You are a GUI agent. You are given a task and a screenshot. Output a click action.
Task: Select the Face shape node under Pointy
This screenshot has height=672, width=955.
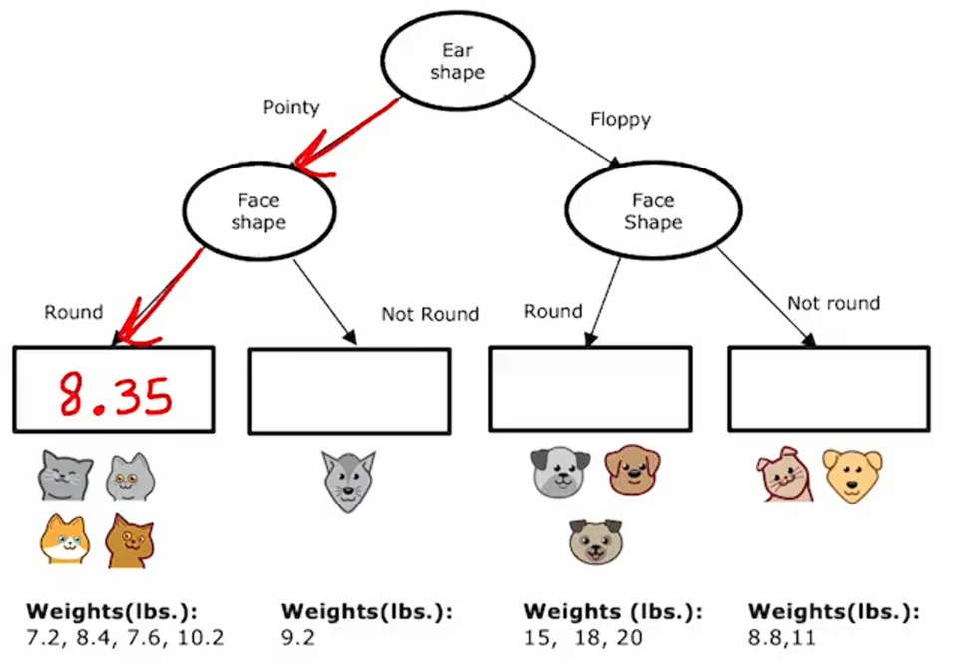point(258,211)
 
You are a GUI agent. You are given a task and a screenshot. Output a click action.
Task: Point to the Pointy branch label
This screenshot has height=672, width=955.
point(290,107)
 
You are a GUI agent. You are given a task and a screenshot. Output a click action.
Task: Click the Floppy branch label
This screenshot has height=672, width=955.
point(620,120)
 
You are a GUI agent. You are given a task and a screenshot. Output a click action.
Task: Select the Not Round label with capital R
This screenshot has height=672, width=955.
point(430,314)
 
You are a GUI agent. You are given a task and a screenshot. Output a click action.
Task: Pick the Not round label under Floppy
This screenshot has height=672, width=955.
point(833,303)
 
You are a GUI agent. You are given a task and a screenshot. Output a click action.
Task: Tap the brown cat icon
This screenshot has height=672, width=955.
point(131,539)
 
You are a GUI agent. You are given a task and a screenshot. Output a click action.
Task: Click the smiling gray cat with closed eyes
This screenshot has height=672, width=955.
point(66,475)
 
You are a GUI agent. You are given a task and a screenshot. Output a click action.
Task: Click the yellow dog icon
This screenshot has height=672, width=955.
point(852,476)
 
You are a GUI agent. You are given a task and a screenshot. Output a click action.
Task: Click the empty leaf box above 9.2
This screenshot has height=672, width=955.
point(349,390)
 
